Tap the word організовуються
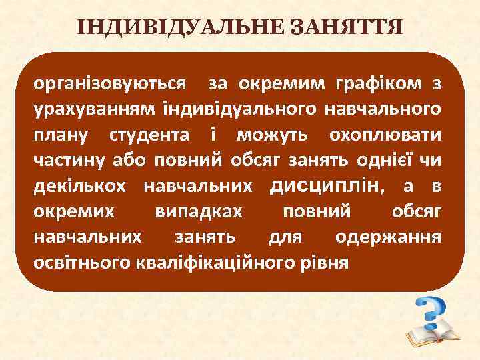pyautogui.click(x=110, y=84)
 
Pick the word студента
pyautogui.click(x=145, y=135)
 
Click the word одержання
pyautogui.click(x=387, y=237)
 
